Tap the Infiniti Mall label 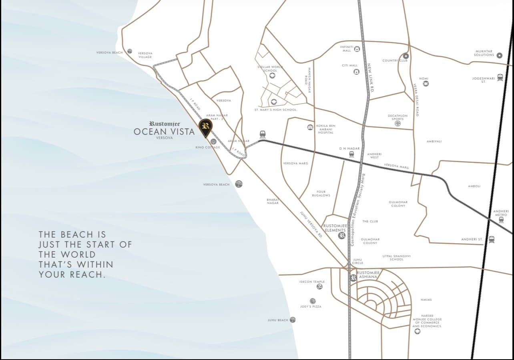coord(347,49)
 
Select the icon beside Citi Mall coord(356,72)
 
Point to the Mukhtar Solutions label coord(484,53)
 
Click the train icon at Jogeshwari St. coord(500,78)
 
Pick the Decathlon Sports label coord(398,117)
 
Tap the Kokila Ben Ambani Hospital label coord(325,129)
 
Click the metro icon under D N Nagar coord(351,154)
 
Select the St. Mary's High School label coord(275,110)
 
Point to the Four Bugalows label coord(321,194)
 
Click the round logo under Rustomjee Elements coord(341,236)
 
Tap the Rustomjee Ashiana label coord(367,274)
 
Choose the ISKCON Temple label coord(312,282)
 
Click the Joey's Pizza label coord(311,306)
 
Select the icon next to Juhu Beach coord(293,320)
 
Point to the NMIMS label coord(426,300)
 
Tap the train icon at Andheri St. coord(491,239)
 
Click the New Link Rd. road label coord(370,78)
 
